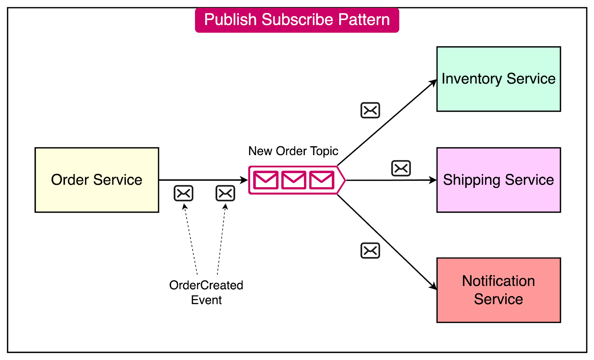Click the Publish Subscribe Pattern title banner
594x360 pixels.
297,20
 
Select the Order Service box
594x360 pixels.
97,180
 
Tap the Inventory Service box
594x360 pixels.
499,79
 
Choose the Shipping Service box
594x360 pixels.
499,180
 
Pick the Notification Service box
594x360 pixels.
499,290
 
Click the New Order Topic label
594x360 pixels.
293,151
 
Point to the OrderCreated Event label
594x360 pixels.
206,292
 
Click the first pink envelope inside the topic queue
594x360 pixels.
266,180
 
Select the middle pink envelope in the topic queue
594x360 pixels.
294,180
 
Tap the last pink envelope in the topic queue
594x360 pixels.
322,180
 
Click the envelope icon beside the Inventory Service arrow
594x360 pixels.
370,110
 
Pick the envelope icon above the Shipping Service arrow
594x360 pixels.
401,168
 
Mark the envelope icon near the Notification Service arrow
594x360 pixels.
370,251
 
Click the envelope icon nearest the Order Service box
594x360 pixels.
183,193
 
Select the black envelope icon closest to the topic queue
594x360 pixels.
225,193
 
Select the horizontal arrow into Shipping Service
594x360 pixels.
390,180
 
